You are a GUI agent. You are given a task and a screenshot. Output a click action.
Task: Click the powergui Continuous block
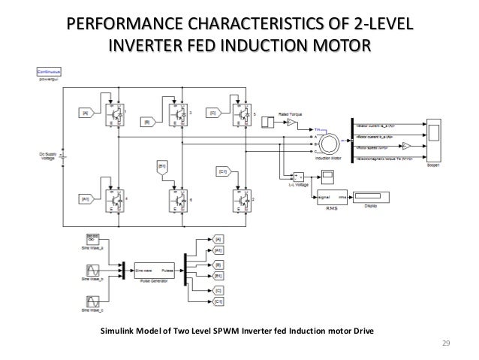pos(48,73)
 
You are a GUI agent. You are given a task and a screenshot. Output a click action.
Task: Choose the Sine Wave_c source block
pos(90,303)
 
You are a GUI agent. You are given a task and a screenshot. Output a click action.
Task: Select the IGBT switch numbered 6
pos(177,201)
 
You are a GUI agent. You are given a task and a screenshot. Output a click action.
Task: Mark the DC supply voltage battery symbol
pos(62,156)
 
